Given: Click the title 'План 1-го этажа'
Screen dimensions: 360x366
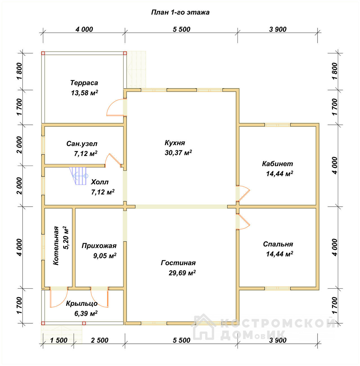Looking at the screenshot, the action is click(180, 12).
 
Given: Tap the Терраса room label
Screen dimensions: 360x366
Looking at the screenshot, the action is click(84, 83).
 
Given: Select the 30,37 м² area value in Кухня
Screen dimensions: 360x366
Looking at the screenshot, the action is click(178, 153).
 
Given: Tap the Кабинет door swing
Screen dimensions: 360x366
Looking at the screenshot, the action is click(243, 193).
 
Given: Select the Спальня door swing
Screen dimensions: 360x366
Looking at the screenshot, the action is click(243, 222).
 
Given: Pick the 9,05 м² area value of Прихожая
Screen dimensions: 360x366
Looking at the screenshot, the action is click(105, 256).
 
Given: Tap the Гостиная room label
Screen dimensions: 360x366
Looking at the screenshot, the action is click(178, 263).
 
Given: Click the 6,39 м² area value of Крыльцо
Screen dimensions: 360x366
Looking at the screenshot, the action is click(86, 313).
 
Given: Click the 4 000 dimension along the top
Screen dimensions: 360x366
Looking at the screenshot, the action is click(84, 30).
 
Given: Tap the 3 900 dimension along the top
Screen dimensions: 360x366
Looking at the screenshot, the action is click(278, 30).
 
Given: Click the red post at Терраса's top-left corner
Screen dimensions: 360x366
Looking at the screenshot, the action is click(43, 53).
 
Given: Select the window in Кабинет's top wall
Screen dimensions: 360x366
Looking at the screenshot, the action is click(278, 125).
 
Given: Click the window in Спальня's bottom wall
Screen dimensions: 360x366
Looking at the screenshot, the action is click(278, 288).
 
